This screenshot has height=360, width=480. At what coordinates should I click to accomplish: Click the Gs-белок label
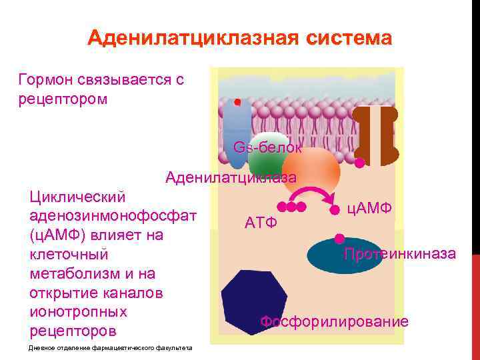[267, 147]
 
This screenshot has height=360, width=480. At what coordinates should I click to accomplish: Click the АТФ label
[261, 222]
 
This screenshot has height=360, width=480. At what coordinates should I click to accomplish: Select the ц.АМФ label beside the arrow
[370, 208]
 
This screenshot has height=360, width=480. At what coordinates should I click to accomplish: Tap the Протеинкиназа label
[400, 254]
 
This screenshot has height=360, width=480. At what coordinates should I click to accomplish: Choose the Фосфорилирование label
[334, 322]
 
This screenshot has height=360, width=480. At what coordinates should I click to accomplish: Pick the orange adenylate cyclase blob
[311, 170]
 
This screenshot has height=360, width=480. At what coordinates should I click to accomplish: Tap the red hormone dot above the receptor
[237, 103]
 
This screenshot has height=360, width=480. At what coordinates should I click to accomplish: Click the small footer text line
[111, 348]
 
